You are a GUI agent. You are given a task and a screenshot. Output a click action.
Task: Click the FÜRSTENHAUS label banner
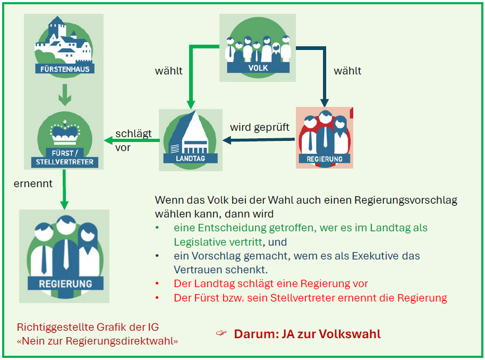coord(64,69)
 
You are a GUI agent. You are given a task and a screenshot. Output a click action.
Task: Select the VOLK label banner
coord(258,68)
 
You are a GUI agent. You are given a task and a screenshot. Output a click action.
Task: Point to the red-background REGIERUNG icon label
coord(325,158)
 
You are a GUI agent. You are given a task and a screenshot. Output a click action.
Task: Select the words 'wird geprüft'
coord(260,128)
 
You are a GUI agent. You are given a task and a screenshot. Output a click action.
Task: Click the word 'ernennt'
coord(33,183)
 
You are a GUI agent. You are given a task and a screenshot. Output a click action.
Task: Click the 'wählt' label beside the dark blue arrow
coord(347,71)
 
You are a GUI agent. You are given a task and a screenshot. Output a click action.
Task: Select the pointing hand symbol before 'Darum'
coord(221,333)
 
